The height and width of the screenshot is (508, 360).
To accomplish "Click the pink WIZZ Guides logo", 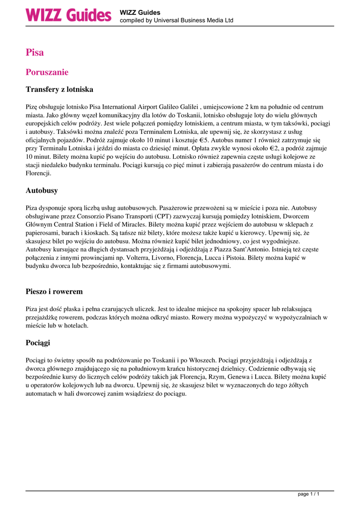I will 69,15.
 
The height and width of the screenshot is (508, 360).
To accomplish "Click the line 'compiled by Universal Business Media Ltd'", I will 176,21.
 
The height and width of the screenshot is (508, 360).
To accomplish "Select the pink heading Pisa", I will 35,53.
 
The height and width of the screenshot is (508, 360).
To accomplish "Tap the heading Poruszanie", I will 47,72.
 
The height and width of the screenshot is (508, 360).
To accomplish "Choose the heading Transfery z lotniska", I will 60,90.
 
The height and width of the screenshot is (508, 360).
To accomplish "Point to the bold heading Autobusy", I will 42,190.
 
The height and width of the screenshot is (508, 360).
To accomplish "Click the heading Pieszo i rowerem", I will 54,292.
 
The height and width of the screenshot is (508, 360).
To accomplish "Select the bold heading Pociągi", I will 38,343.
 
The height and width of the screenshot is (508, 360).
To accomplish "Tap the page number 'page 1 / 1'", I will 308,494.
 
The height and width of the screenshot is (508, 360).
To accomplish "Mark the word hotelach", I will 74,325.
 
